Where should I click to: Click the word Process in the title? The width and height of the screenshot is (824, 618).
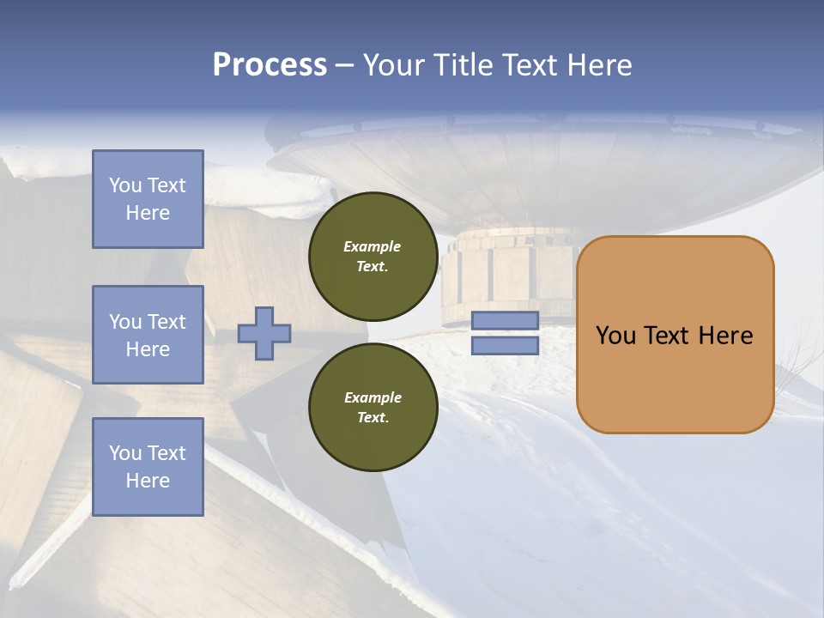click(x=270, y=65)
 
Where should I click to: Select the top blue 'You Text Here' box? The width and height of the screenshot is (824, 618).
click(x=148, y=199)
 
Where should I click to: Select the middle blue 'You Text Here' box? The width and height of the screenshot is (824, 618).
click(x=148, y=335)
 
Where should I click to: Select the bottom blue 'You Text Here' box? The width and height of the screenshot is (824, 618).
click(x=148, y=467)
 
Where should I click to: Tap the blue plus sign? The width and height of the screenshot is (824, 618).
click(x=264, y=333)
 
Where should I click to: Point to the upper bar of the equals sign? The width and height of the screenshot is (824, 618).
click(x=505, y=321)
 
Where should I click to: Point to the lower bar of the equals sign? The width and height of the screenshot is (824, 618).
click(x=505, y=346)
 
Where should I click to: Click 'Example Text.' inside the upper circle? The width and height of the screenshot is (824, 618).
click(x=373, y=256)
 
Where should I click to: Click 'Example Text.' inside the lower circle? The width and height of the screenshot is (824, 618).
click(x=373, y=407)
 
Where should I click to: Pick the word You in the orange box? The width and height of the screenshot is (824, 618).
click(x=615, y=335)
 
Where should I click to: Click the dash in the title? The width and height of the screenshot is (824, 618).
click(x=344, y=65)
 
